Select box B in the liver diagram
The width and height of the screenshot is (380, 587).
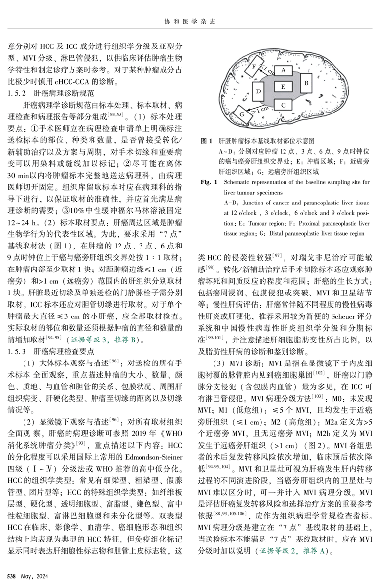[x=304, y=83]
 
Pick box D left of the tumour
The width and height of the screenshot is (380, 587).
[x=258, y=90]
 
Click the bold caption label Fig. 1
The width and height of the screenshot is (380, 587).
[x=210, y=181]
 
